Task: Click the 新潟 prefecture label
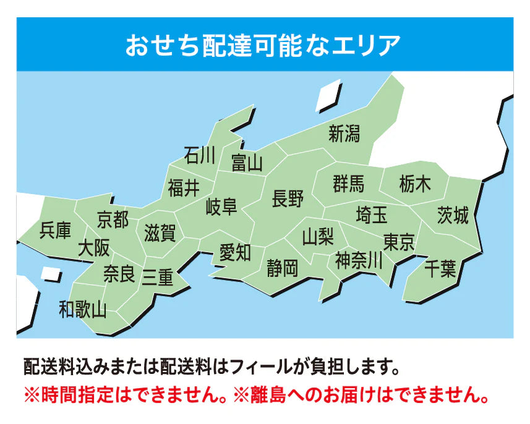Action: (344, 134)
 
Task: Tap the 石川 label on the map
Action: (200, 155)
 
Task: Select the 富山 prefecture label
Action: (247, 163)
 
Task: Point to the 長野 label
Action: (288, 199)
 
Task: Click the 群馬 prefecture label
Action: (348, 184)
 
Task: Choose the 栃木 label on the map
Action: (415, 184)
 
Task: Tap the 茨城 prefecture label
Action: (453, 215)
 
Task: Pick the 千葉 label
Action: (440, 269)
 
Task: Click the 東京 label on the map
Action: (399, 241)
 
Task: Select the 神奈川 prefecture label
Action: (359, 260)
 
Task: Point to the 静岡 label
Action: (283, 268)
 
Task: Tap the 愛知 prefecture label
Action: (235, 252)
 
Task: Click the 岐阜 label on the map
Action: (221, 206)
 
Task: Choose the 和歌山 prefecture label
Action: (83, 308)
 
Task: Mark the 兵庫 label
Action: (55, 231)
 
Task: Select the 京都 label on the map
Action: (113, 219)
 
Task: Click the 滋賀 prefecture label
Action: (160, 233)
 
